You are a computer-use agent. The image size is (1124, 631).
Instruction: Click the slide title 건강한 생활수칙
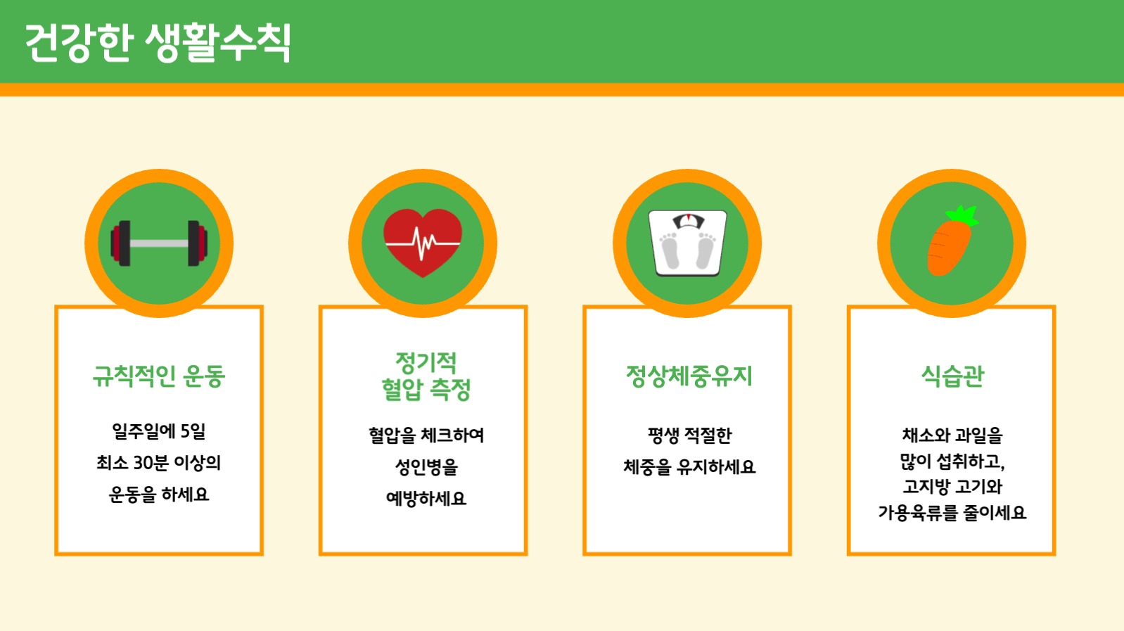(x=158, y=43)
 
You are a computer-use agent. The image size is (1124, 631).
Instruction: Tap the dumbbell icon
(x=159, y=243)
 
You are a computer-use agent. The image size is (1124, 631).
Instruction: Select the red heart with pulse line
(x=423, y=242)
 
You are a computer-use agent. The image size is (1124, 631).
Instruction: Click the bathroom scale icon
(x=687, y=243)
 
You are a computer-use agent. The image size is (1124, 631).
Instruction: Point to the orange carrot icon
(x=948, y=246)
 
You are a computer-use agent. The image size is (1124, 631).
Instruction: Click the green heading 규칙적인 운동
(x=159, y=376)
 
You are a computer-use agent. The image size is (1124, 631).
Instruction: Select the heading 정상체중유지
(x=689, y=376)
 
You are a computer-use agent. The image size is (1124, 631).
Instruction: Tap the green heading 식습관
(x=952, y=376)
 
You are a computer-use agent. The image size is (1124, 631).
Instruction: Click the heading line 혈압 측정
(x=426, y=389)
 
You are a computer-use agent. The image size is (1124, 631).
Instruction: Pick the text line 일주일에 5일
(x=159, y=431)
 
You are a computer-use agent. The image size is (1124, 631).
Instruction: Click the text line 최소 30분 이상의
(x=159, y=463)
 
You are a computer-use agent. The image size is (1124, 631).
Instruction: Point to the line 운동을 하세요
(x=159, y=495)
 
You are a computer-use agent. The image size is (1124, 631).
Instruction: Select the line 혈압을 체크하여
(x=426, y=435)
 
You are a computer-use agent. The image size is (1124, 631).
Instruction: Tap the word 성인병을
(x=426, y=467)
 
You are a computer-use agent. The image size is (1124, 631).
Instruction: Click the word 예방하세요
(x=426, y=499)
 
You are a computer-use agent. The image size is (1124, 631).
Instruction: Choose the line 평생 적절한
(x=689, y=435)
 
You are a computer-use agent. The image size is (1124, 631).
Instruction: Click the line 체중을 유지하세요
(x=689, y=467)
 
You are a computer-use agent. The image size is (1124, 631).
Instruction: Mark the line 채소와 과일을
(x=952, y=435)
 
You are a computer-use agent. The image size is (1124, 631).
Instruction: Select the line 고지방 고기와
(x=952, y=487)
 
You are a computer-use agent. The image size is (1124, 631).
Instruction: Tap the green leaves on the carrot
(x=963, y=215)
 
